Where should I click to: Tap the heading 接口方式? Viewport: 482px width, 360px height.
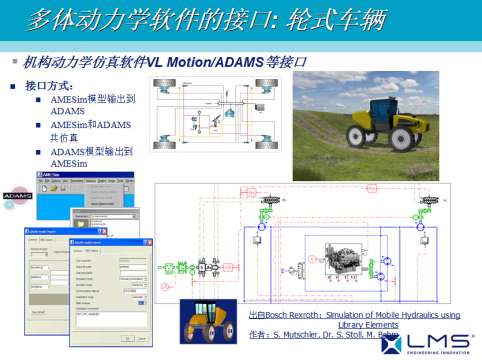[x=56, y=86]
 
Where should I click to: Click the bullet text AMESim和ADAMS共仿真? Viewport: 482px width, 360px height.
[x=90, y=131]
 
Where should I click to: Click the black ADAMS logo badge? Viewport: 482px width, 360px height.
[x=17, y=195]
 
